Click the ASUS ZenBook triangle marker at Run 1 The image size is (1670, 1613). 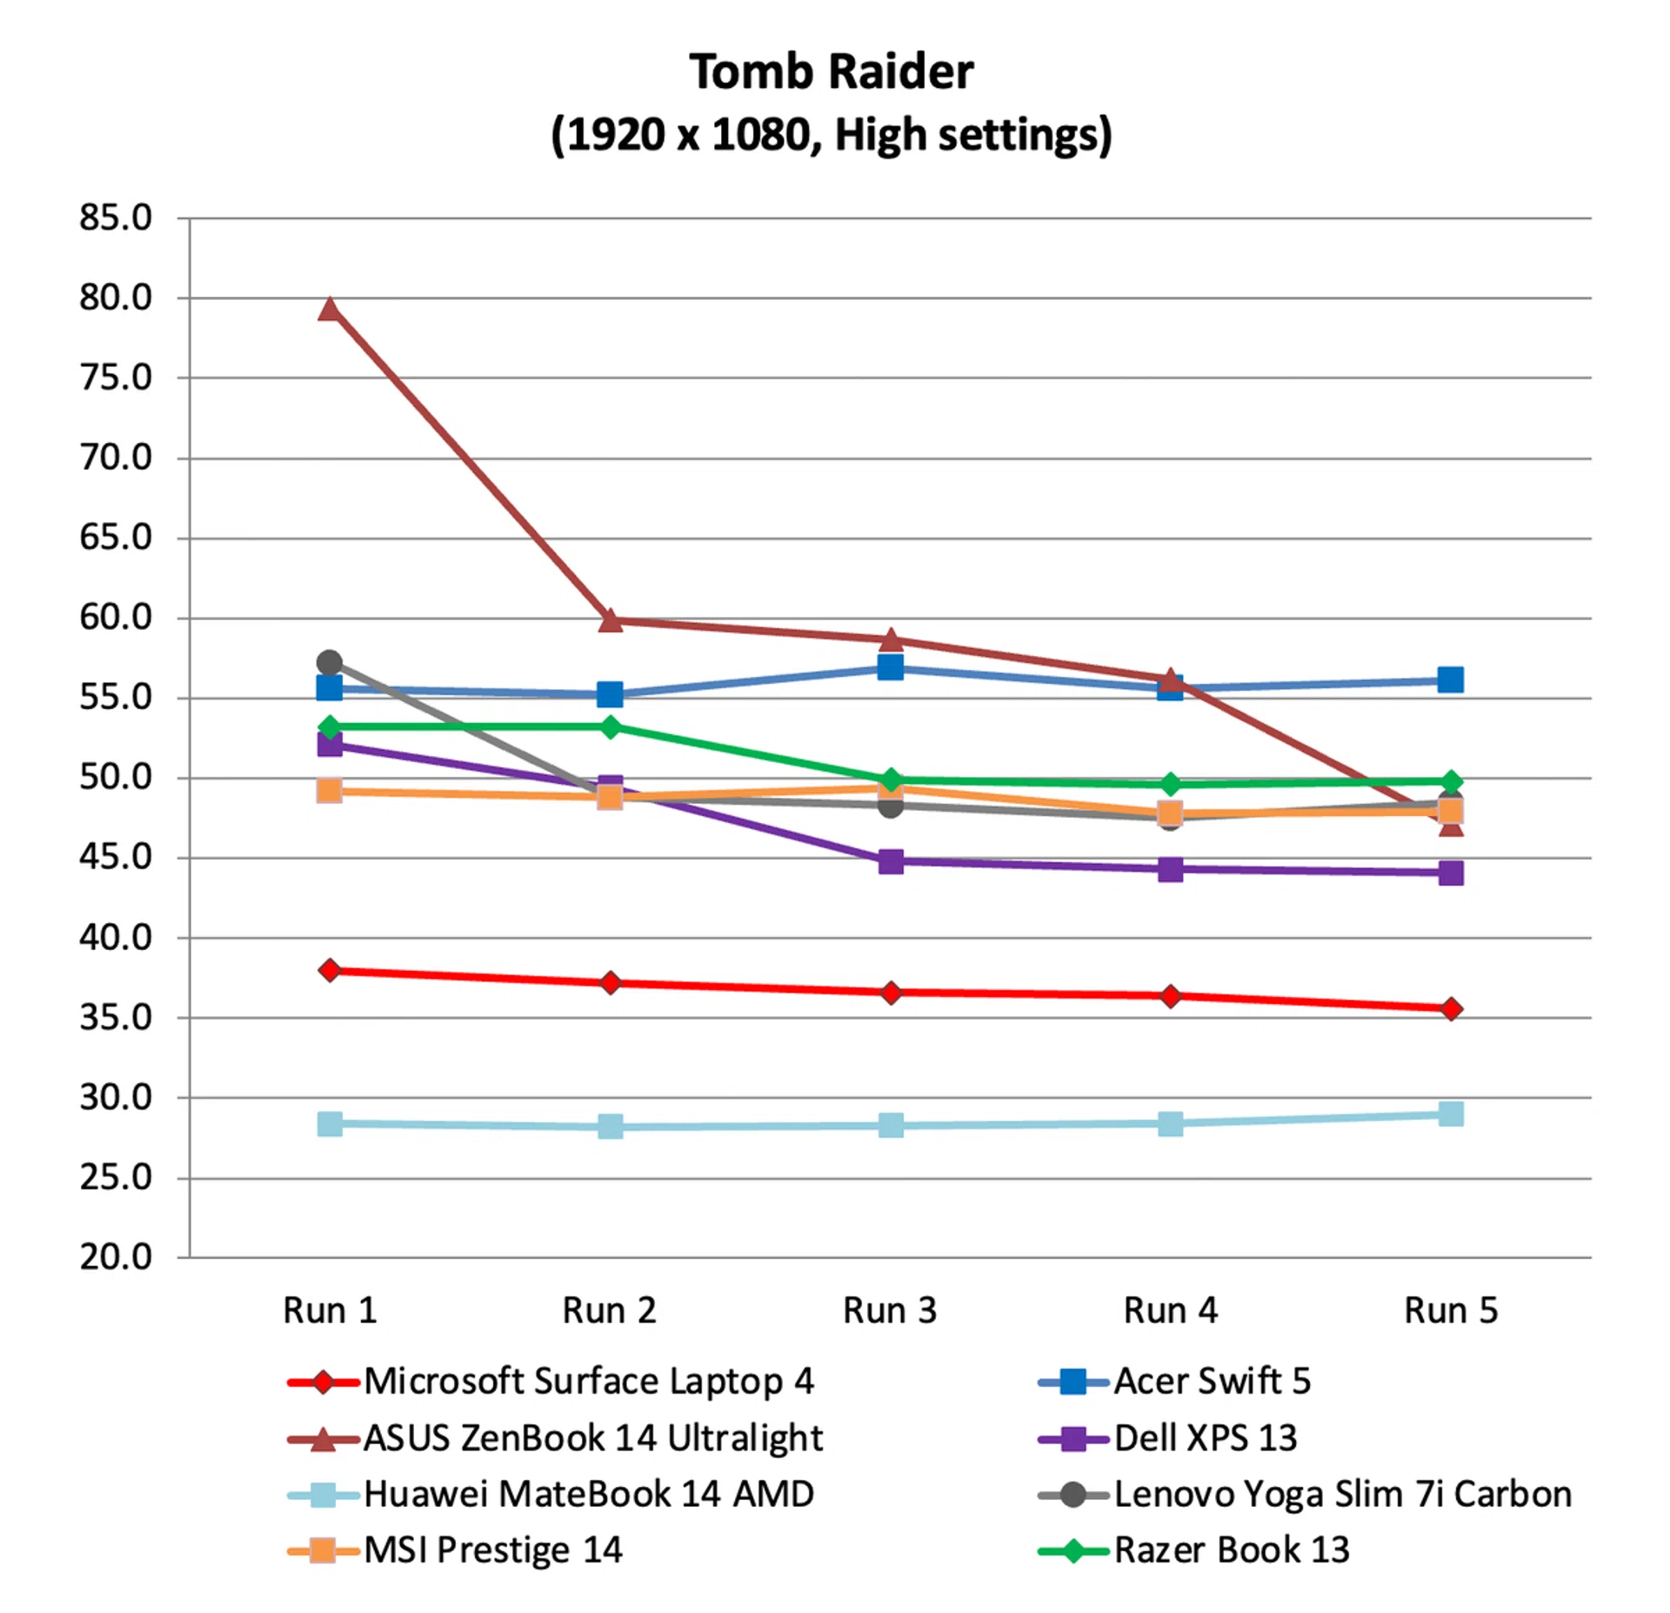tap(330, 310)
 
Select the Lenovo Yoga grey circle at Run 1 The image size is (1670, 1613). tap(330, 663)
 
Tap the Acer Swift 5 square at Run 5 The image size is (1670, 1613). tap(1450, 679)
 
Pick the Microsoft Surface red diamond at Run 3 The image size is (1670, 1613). tap(891, 993)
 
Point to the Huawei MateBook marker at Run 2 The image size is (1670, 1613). tap(611, 1127)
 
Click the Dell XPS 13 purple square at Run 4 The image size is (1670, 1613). tap(1171, 869)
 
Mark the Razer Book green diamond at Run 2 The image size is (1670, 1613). tap(611, 726)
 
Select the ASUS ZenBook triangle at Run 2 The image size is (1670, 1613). tap(611, 621)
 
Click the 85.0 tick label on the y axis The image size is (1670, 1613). tap(116, 218)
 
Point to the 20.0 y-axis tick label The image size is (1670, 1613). tap(116, 1257)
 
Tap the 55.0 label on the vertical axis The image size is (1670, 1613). tap(116, 698)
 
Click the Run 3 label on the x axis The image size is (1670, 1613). tap(890, 1310)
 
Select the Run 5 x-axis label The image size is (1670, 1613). tap(1451, 1310)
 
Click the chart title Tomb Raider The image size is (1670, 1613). tap(832, 71)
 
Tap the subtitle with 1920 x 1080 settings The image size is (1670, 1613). tap(832, 135)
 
